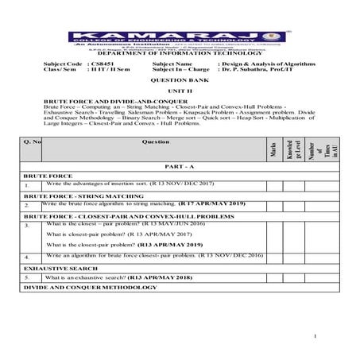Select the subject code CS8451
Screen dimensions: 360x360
pos(106,63)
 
